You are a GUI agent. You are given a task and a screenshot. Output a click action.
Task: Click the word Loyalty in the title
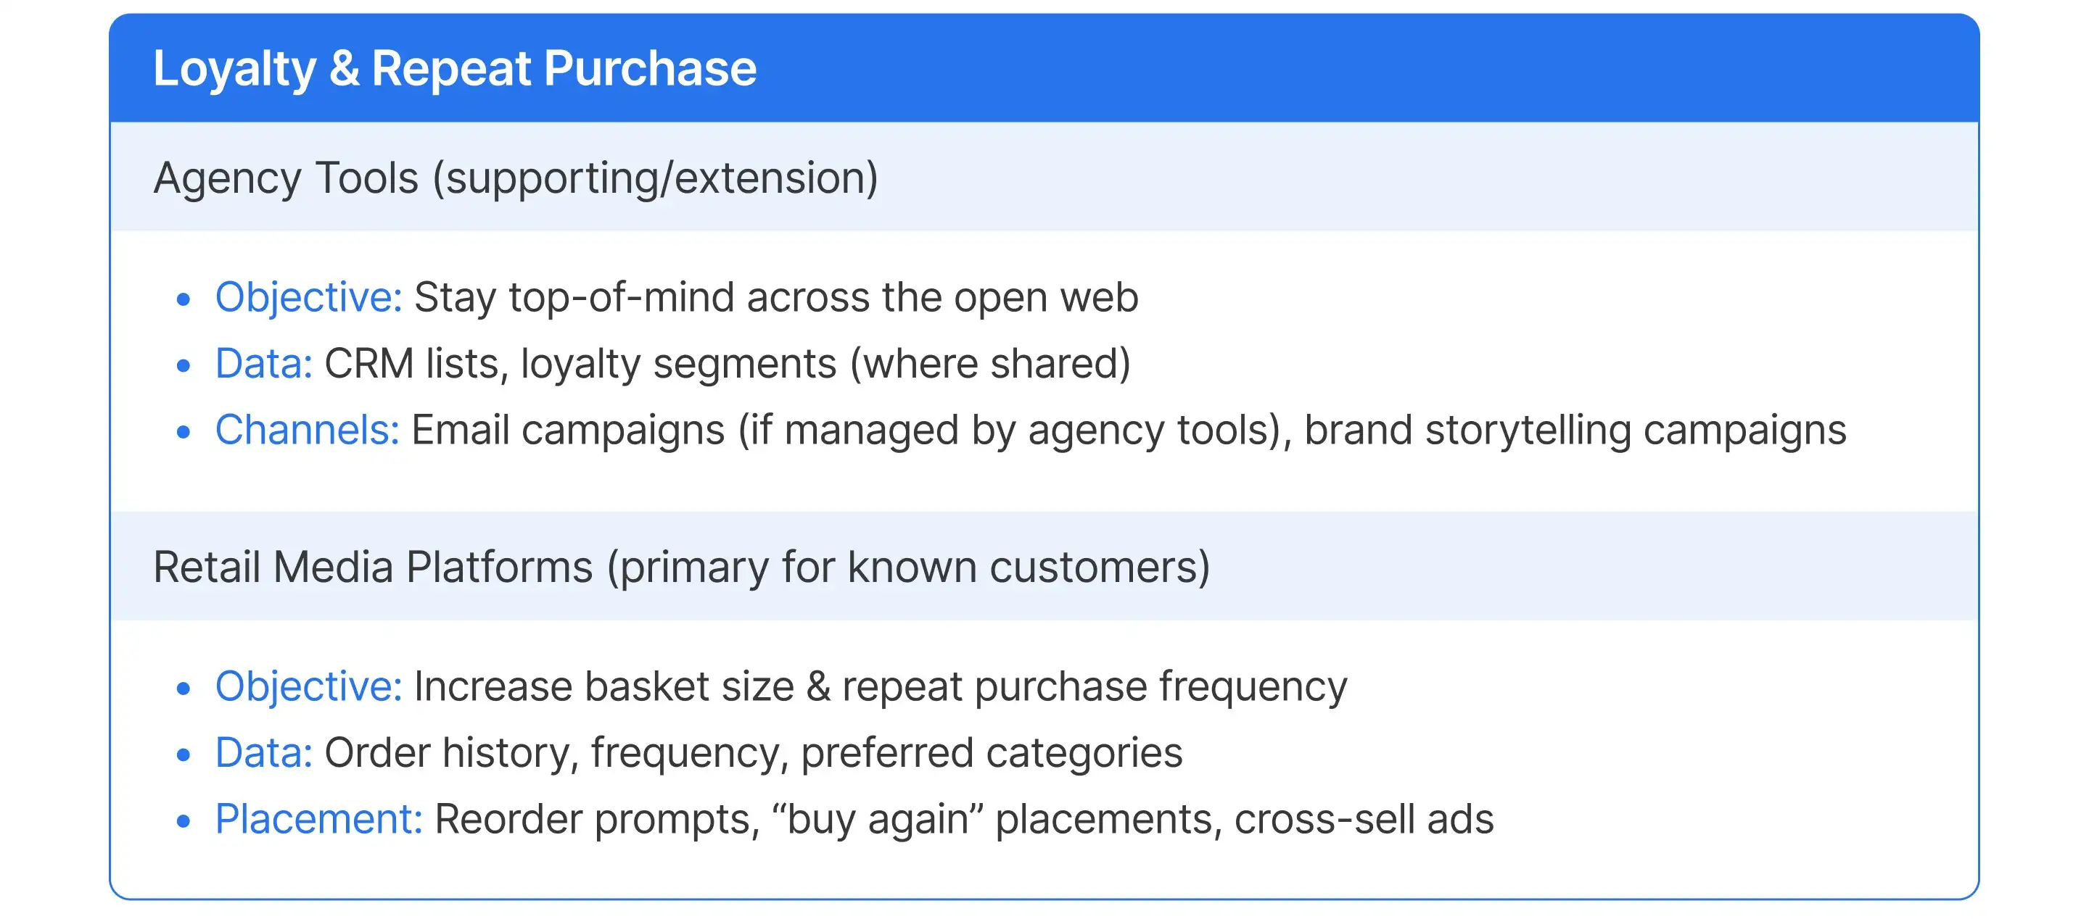point(234,68)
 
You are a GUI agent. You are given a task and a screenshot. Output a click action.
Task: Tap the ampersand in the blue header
point(344,68)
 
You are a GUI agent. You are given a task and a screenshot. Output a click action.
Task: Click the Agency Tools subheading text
point(516,178)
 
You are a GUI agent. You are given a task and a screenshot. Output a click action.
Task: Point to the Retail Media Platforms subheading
point(681,567)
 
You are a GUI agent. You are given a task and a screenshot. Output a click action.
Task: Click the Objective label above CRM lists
point(308,297)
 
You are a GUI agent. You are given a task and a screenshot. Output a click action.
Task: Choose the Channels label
point(307,430)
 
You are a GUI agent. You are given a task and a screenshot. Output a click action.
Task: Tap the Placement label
point(318,818)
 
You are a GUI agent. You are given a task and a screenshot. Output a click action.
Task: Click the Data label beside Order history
point(263,753)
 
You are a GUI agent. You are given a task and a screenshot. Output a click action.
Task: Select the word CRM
point(369,364)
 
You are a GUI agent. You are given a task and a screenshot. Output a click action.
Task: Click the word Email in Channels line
point(460,430)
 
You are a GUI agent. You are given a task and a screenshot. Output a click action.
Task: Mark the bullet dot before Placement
point(184,821)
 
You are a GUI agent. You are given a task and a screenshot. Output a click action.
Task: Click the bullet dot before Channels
point(184,432)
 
